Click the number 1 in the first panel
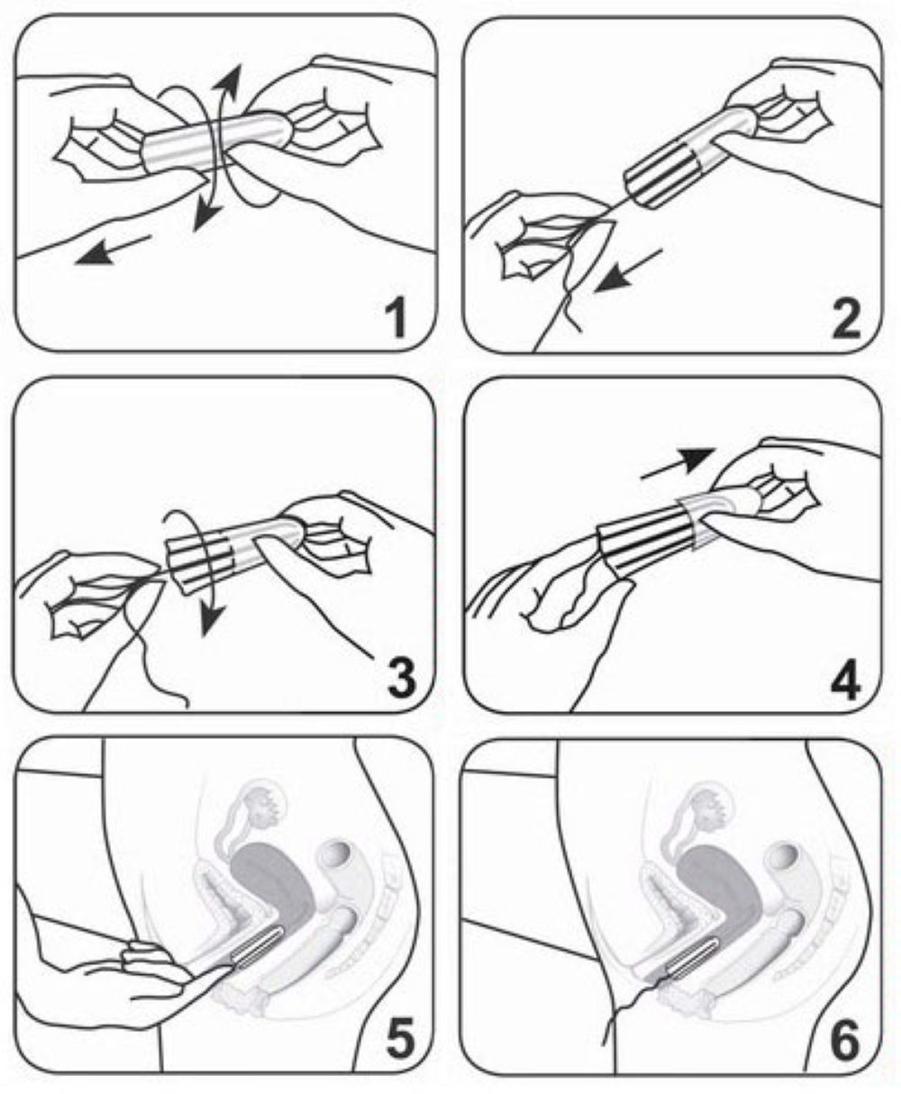(396, 321)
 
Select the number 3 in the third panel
(401, 679)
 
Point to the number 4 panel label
(845, 679)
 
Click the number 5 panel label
(402, 1039)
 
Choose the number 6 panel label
(845, 1039)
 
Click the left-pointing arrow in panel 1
(114, 250)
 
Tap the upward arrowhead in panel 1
(230, 78)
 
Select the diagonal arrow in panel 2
(628, 270)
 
